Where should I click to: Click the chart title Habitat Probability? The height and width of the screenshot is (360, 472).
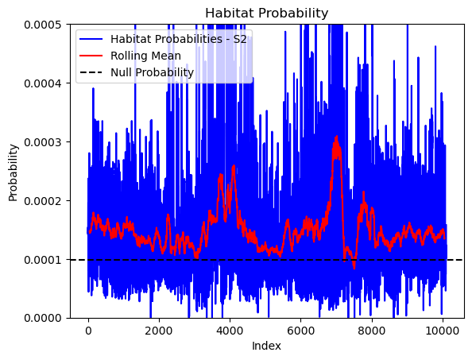tap(266, 14)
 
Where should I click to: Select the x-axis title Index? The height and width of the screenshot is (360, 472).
tap(266, 346)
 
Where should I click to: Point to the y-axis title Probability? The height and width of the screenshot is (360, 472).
tap(13, 172)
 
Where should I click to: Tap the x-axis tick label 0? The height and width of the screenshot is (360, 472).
tap(88, 331)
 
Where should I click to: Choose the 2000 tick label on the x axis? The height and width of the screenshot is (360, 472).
tap(159, 331)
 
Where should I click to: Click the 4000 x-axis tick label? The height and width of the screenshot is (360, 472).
tap(230, 331)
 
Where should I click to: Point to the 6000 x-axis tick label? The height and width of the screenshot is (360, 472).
tap(300, 331)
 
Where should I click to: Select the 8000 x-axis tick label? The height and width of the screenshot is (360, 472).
tap(372, 331)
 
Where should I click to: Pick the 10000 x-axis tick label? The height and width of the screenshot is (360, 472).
tap(443, 331)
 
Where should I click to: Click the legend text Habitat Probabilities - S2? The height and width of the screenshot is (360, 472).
tap(179, 39)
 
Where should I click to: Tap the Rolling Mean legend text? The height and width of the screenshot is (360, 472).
tap(145, 56)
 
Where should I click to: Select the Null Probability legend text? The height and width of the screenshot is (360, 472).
tap(152, 72)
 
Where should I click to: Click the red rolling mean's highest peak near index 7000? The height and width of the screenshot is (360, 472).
tap(337, 137)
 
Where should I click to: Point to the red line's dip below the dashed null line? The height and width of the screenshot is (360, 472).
tap(354, 268)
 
